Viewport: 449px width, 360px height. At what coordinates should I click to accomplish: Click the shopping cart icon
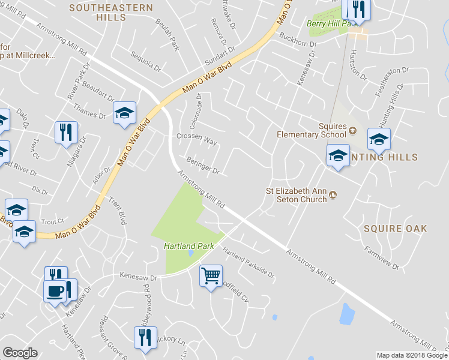tap(211, 276)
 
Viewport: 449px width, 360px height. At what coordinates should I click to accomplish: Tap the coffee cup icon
tap(55, 291)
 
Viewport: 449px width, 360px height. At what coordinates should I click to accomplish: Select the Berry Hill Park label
tap(327, 23)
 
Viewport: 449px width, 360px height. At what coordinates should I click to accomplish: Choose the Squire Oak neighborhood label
tap(396, 229)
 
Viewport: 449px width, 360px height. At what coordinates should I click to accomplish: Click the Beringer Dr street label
tap(203, 166)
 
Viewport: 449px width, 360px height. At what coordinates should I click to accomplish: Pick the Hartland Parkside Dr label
tap(248, 264)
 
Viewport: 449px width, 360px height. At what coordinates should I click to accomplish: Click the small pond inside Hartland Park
tap(190, 253)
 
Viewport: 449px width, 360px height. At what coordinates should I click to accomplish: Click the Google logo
tap(20, 353)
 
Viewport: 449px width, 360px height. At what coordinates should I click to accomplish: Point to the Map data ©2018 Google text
tap(412, 355)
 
